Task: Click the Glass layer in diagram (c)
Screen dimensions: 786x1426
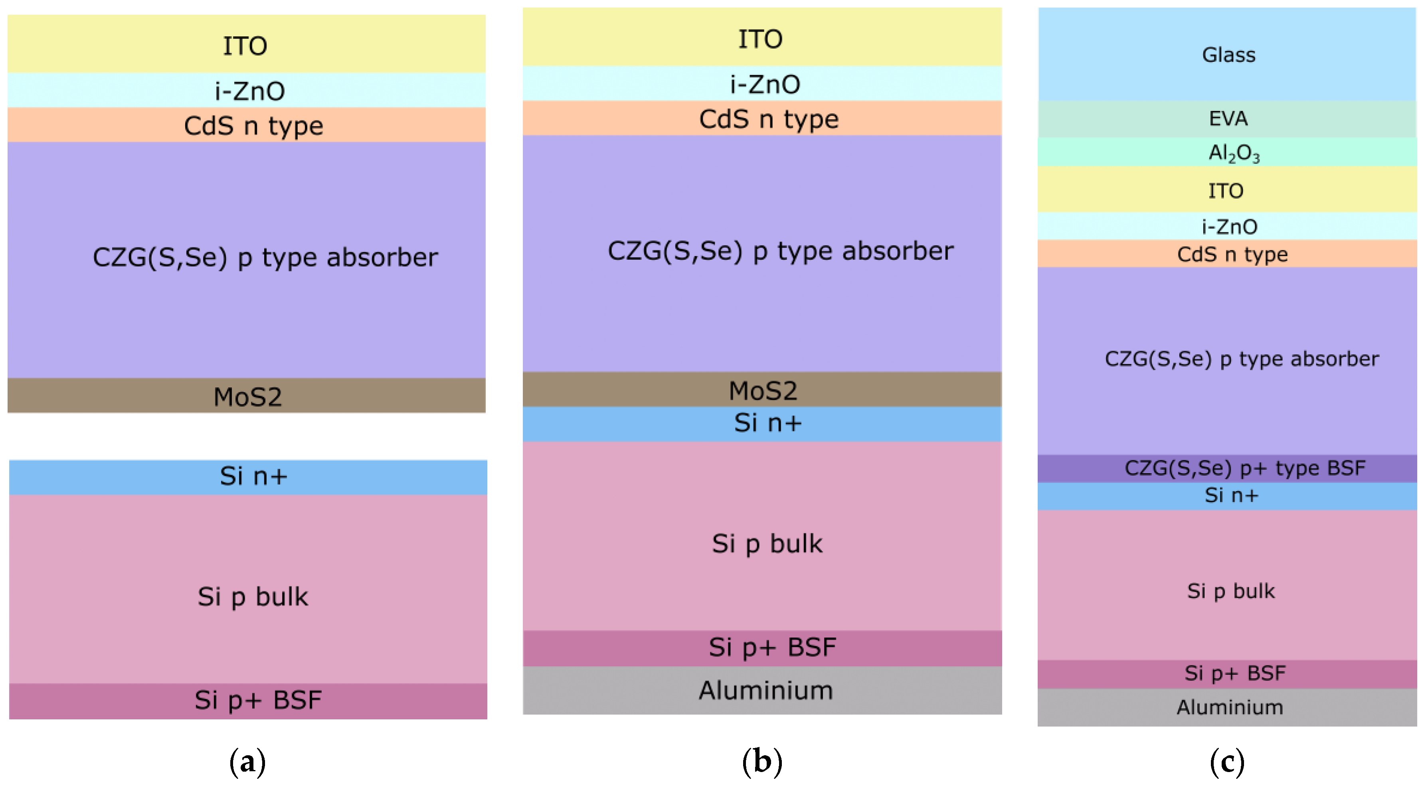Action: [1228, 55]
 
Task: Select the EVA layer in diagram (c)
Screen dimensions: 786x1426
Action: [1228, 119]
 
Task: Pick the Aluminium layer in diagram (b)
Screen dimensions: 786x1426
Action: [765, 690]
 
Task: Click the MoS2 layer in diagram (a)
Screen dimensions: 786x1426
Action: [247, 396]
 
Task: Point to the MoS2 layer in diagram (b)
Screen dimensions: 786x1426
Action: [763, 390]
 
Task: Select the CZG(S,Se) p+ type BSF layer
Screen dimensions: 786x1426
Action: [1244, 468]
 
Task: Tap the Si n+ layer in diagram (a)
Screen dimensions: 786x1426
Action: [253, 476]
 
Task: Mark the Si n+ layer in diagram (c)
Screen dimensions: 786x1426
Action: [1231, 496]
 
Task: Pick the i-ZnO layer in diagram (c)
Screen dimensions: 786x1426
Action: [1229, 226]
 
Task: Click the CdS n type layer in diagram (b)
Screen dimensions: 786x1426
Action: [768, 119]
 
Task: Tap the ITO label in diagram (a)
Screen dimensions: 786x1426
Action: [245, 46]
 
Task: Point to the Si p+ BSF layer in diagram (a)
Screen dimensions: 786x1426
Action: [258, 700]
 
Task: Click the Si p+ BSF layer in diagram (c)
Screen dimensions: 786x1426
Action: [1234, 673]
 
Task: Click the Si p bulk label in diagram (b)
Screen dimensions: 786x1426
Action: [767, 543]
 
